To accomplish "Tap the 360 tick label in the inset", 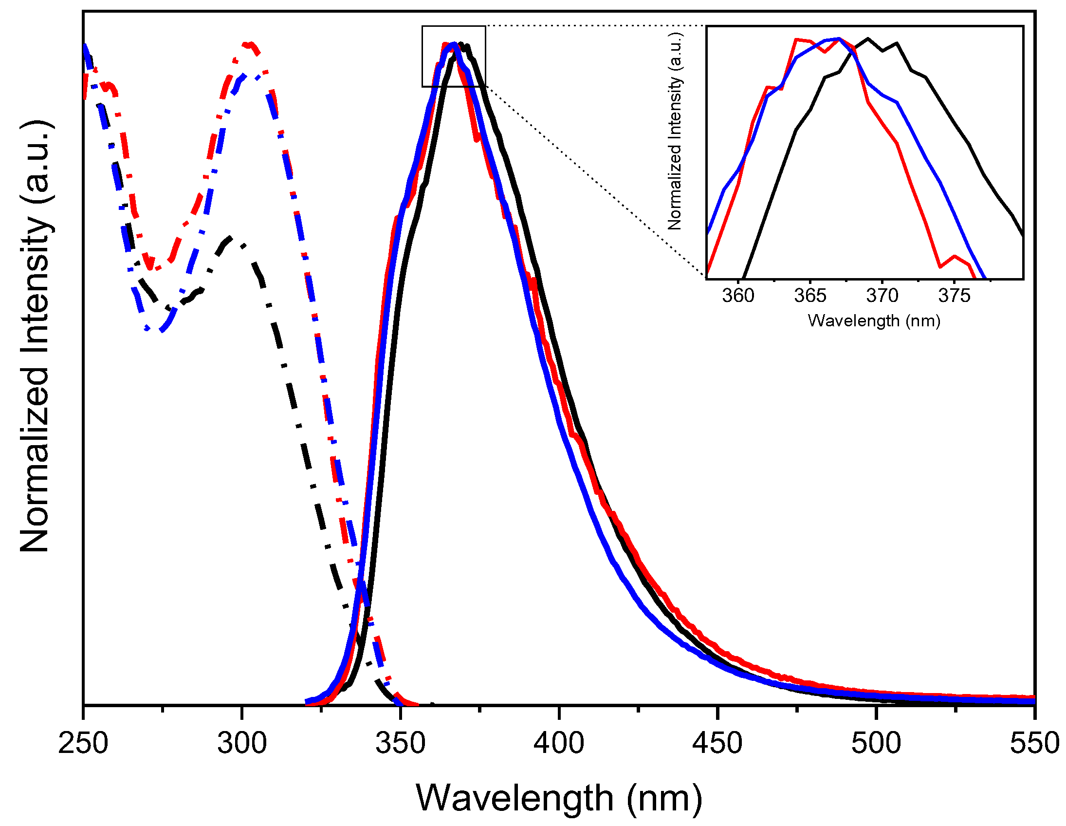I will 738,296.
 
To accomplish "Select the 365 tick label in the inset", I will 810,296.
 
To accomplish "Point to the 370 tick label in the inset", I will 882,296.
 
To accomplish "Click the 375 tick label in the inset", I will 954,296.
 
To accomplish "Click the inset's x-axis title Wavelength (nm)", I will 874,321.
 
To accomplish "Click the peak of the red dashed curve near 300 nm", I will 249,45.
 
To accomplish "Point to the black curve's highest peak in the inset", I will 868,38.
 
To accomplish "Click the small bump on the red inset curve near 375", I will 954,256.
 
